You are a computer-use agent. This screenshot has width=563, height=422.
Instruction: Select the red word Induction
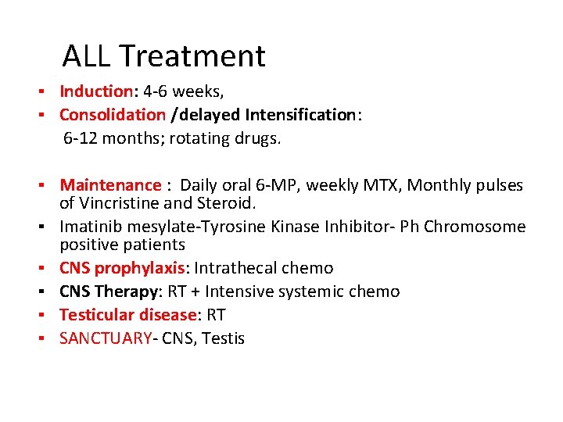click(96, 92)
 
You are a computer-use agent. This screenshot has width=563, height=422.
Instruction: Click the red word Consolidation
click(113, 115)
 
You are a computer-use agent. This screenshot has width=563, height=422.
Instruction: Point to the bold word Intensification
click(299, 115)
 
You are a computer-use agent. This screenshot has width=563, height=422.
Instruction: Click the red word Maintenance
click(109, 185)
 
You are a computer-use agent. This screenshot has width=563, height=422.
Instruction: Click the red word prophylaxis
click(139, 268)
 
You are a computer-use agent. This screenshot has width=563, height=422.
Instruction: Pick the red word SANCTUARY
click(106, 338)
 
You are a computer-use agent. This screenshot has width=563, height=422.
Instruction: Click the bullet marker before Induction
click(48, 92)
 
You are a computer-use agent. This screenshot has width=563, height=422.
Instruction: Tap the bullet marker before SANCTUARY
click(48, 338)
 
